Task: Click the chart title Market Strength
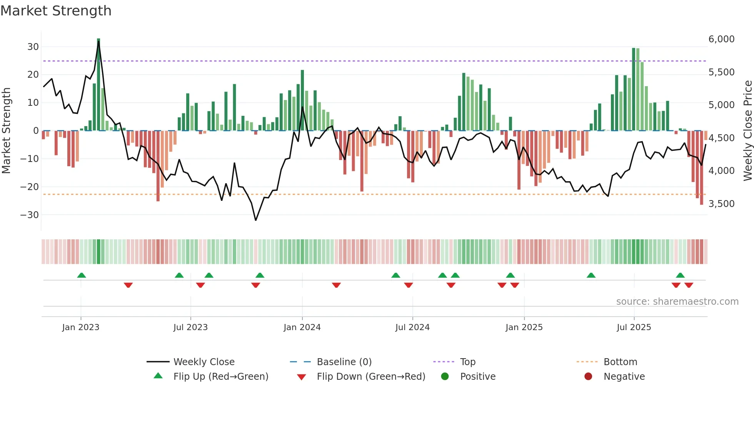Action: click(x=56, y=11)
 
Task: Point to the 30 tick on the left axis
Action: click(x=33, y=47)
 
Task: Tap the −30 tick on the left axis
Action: click(x=30, y=215)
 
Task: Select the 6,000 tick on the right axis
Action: click(x=721, y=39)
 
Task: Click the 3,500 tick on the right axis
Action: click(x=721, y=204)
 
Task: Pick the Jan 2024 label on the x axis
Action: click(x=302, y=327)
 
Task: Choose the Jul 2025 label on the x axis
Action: click(x=634, y=327)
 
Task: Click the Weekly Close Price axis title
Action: click(x=747, y=131)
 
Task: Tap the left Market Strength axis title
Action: click(x=7, y=131)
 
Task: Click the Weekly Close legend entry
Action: click(x=204, y=362)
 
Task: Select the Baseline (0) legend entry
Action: click(x=344, y=362)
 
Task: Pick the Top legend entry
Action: click(x=467, y=362)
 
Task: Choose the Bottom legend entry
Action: click(x=620, y=362)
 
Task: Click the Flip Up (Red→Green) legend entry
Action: click(x=220, y=377)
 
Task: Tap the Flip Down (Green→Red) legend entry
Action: click(x=371, y=377)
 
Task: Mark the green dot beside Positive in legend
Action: click(x=445, y=377)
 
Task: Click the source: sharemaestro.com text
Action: click(x=677, y=302)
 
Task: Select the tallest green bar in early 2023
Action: click(x=98, y=85)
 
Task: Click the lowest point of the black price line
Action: click(x=255, y=220)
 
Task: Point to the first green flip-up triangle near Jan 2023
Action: click(x=82, y=275)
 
